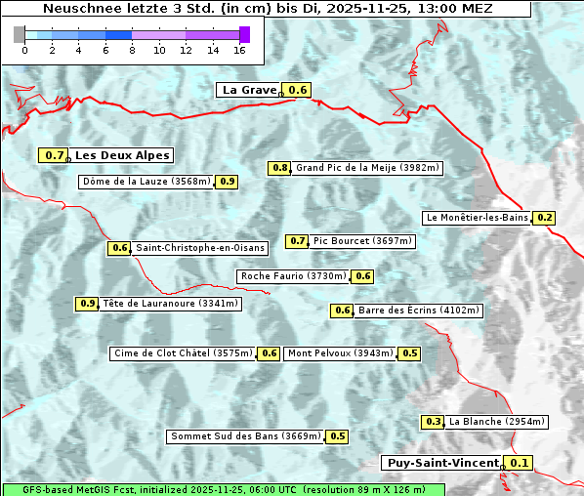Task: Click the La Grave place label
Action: tap(249, 90)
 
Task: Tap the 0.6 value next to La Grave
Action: tap(298, 90)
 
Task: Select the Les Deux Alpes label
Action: tap(123, 155)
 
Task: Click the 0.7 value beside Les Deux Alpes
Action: tap(55, 155)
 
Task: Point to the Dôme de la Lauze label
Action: tap(146, 182)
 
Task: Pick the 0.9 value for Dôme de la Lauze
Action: tap(227, 182)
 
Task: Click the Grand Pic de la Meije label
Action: tap(368, 168)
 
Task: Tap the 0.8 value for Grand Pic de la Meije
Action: tap(280, 168)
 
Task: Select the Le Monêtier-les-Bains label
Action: tap(477, 218)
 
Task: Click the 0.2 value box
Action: tap(545, 218)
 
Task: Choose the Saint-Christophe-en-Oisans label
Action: tap(200, 248)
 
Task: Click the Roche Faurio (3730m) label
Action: tap(293, 276)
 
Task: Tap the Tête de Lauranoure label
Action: tap(170, 304)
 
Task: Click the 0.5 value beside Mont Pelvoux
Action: tap(409, 353)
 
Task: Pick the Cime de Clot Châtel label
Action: tap(183, 353)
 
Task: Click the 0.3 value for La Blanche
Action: tap(434, 422)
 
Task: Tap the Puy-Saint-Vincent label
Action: tap(441, 463)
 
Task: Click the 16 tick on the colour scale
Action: tap(240, 50)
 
